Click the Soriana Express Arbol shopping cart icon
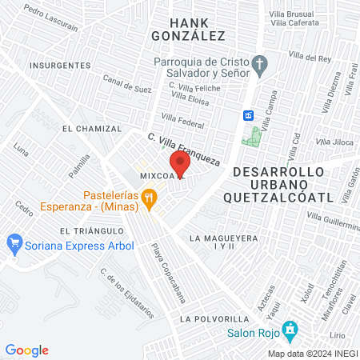coord(14,242)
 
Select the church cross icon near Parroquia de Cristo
coord(259,63)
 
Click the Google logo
coord(27,350)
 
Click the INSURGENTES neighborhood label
coord(58,64)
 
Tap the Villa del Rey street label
coord(309,58)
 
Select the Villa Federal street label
coord(190,122)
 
